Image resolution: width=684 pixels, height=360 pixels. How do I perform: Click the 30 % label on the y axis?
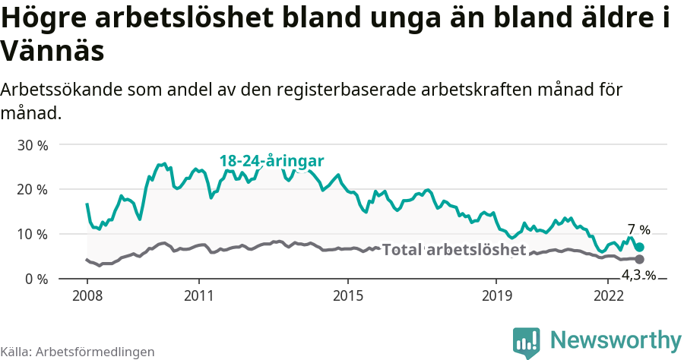pos(32,144)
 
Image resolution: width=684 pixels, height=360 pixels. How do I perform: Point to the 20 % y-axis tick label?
pos(32,189)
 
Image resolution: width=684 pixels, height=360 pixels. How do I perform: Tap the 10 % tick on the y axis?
pos(32,234)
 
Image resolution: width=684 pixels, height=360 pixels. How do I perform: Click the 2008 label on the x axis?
pos(87,295)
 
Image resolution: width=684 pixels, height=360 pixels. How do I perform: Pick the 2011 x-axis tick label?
pos(198,295)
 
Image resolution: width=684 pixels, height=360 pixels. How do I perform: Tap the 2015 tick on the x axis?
pos(347,295)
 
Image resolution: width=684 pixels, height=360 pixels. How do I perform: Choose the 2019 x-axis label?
pos(496,295)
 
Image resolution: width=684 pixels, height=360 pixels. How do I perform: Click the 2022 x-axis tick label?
pos(608,295)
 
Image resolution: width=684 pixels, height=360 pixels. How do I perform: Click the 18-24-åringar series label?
pos(271,161)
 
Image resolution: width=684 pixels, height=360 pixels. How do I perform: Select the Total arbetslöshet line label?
pos(454,250)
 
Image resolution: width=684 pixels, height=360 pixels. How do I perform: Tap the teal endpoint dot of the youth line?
pos(639,247)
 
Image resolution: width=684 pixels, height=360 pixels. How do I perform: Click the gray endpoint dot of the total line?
pos(639,260)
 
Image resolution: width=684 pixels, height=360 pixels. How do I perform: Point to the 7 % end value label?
pos(638,229)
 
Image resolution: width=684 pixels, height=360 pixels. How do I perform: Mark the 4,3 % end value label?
pos(638,275)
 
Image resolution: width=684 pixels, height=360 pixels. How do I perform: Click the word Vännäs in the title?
pos(52,52)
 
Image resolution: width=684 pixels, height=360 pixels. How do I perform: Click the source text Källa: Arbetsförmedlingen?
pos(78,352)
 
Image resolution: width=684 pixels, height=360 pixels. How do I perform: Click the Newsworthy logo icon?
pos(527,342)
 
